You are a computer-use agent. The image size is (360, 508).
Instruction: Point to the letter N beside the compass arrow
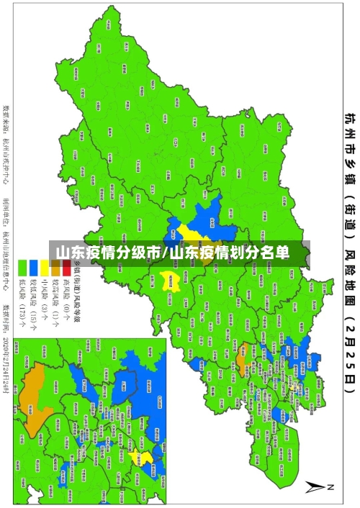click(x=331, y=486)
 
